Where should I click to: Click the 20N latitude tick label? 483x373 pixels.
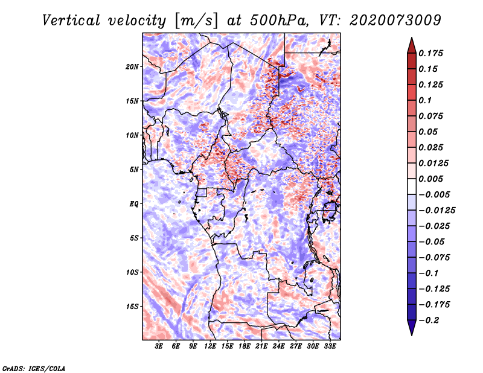coord(132,67)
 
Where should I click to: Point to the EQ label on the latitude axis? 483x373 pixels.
coord(134,204)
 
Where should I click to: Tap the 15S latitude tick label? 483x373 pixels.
coord(132,307)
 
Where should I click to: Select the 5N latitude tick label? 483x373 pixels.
coord(134,170)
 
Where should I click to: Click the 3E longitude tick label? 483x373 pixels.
coord(159,346)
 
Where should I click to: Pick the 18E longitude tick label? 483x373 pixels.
coord(245,346)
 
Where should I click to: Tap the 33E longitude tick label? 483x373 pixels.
coord(330,346)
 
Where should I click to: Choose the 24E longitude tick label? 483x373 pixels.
coord(278,346)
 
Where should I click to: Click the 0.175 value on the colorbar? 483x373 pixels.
coord(430,53)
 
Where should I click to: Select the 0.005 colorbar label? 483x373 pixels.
coord(430,179)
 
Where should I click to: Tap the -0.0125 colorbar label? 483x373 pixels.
coord(437,211)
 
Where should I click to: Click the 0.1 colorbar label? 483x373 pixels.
coord(425,100)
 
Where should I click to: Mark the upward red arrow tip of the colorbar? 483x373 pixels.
coord(412,37)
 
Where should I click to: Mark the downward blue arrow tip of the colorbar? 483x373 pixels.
coord(412,335)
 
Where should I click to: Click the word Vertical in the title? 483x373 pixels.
coord(71,21)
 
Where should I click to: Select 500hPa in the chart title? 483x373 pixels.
coord(279,21)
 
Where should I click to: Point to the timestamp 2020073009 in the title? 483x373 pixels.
coord(395,21)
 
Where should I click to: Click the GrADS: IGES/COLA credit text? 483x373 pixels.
coord(34,368)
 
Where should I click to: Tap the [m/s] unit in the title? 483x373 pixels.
coord(197,21)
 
